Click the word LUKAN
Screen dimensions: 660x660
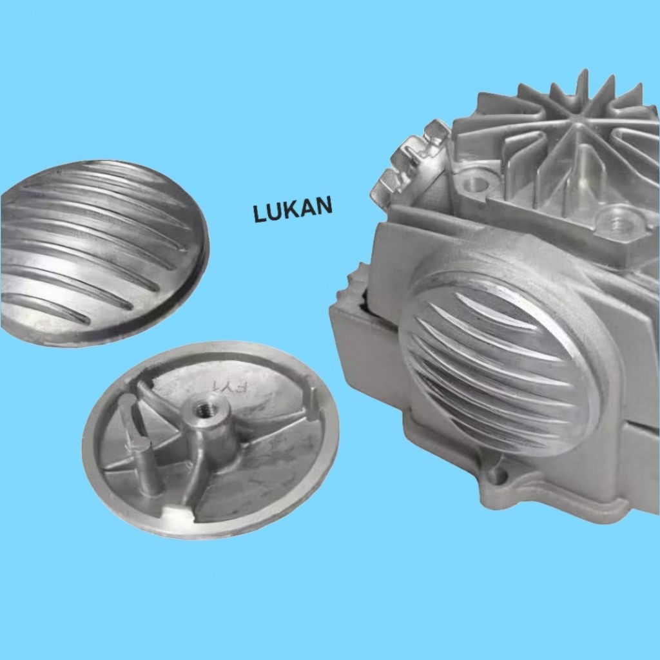click(293, 209)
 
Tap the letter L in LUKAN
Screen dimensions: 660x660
click(260, 214)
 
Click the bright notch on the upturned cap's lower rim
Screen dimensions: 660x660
click(176, 514)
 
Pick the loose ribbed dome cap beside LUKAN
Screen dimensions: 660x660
click(103, 253)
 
